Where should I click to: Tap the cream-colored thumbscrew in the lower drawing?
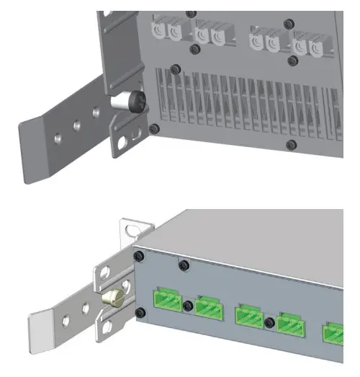point(113,298)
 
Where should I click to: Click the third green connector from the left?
point(248,316)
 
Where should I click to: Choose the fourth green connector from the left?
point(291,325)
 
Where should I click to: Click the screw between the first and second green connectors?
point(187,307)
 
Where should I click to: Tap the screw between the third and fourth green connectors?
point(271,321)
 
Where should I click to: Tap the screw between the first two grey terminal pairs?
point(194,49)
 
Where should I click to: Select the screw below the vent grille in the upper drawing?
point(291,145)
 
